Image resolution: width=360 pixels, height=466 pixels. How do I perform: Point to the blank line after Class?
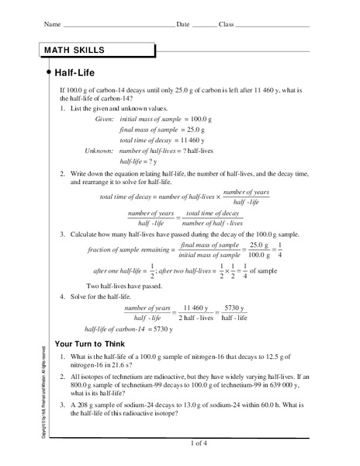click(272, 26)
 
